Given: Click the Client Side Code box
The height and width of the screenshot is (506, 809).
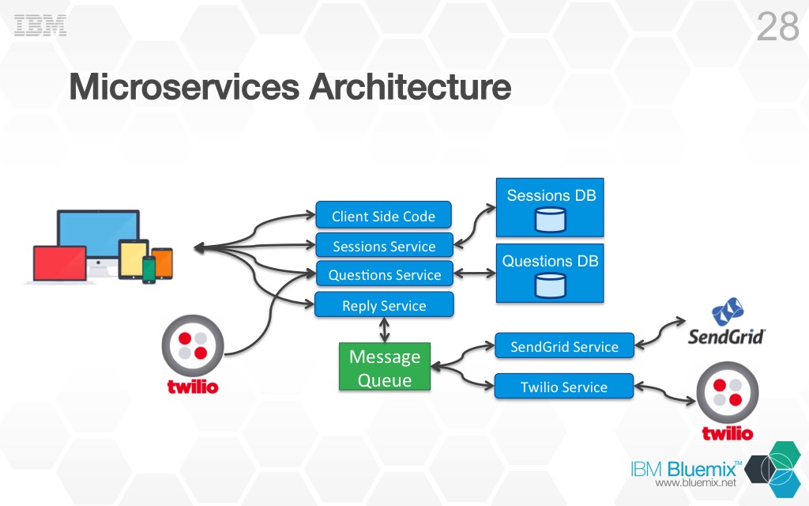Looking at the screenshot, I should point(384,216).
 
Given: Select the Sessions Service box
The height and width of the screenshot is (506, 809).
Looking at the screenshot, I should point(384,246).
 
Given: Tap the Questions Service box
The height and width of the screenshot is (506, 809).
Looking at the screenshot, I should point(384,274).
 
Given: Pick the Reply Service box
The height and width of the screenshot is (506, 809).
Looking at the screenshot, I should point(384,305).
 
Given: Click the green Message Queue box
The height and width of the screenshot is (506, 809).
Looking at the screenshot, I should point(385,367).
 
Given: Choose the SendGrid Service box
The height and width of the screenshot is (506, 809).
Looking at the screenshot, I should point(564,346).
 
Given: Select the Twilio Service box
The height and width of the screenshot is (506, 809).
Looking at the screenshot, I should point(564,387).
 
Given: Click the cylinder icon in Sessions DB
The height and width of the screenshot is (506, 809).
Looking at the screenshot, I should point(550,221).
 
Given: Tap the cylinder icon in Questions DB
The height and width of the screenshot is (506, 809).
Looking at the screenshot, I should point(550,285).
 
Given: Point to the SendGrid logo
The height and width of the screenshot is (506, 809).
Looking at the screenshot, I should point(725,324).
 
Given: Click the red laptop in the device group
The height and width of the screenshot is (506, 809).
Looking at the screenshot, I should point(58,263).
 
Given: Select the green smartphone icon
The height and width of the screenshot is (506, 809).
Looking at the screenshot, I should point(149,269).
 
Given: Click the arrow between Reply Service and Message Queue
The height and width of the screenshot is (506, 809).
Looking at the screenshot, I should point(384,330).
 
